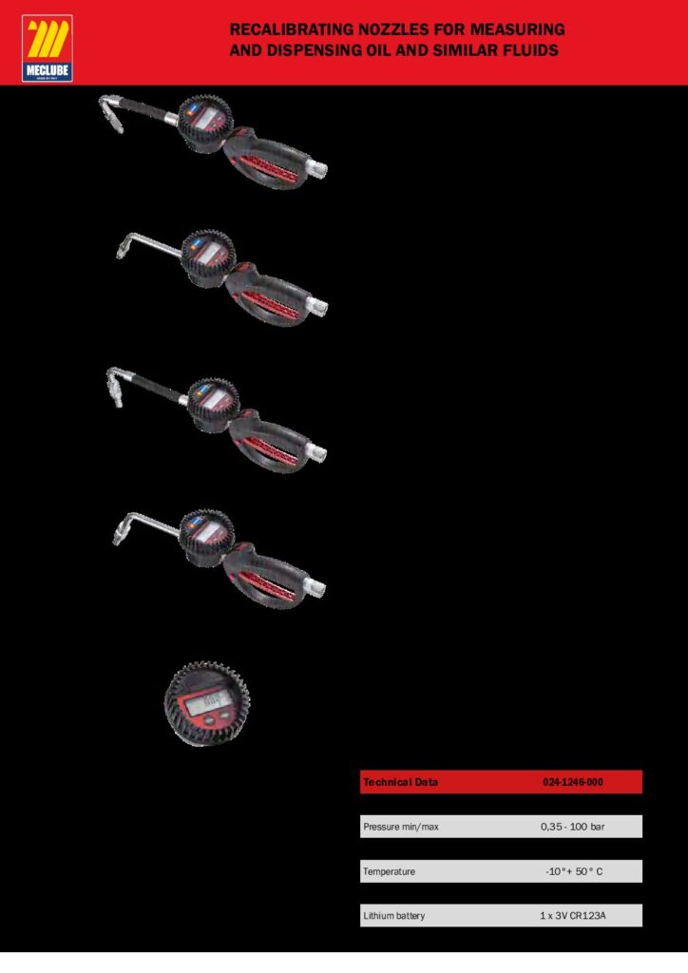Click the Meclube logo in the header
click(48, 48)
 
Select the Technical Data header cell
click(401, 782)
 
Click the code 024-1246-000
click(573, 782)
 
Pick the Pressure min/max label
click(401, 827)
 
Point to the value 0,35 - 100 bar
click(573, 827)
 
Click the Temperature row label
click(389, 871)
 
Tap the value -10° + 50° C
click(574, 871)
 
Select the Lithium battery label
click(394, 915)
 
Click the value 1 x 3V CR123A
click(573, 915)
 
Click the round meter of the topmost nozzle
click(204, 123)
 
